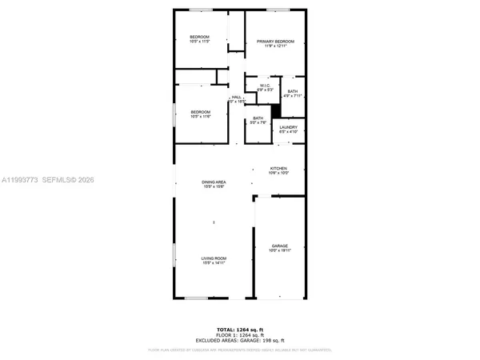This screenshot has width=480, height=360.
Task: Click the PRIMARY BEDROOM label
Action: click(x=274, y=42)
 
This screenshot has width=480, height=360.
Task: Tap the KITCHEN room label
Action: click(x=278, y=169)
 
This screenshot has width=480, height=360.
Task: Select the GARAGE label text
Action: click(x=279, y=246)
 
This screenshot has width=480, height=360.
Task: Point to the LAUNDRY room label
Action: click(x=288, y=128)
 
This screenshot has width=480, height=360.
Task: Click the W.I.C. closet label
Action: click(x=263, y=85)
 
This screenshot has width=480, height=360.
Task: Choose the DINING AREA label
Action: click(x=213, y=183)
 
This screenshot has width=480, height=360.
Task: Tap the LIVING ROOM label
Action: click(x=213, y=258)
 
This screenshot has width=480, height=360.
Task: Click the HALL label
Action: click(x=236, y=98)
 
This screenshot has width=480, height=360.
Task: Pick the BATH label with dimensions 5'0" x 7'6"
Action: click(x=258, y=119)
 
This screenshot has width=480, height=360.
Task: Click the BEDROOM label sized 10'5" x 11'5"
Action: click(x=199, y=38)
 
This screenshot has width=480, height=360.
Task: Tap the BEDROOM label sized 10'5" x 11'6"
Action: click(x=199, y=112)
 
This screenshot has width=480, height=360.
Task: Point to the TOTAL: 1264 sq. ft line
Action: click(x=239, y=329)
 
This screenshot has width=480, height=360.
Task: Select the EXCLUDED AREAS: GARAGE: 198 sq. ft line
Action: click(x=239, y=340)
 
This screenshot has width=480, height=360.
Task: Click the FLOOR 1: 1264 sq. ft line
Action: click(x=239, y=334)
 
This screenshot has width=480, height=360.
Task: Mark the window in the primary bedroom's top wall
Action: click(x=277, y=10)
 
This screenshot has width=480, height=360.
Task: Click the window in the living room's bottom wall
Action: click(x=196, y=298)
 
